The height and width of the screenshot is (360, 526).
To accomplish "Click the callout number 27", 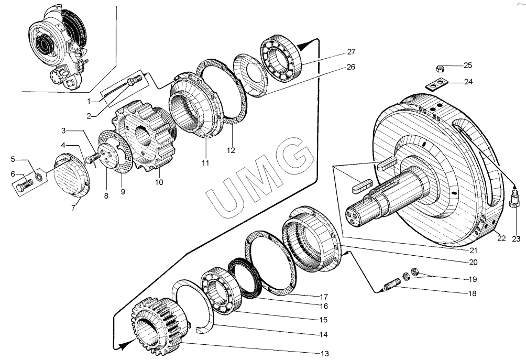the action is [x=351, y=52].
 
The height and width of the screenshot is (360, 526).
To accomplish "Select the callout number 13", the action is [x=325, y=353].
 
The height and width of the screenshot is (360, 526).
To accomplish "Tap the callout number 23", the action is [x=516, y=239].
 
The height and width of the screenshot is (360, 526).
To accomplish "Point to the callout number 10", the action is [x=159, y=182].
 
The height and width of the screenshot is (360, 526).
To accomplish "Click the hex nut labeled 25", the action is [x=440, y=69].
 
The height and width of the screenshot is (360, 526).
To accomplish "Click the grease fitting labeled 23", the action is [x=514, y=198].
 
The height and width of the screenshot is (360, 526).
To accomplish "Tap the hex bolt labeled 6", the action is [x=25, y=185].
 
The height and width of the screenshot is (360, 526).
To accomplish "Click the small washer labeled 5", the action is [x=39, y=176].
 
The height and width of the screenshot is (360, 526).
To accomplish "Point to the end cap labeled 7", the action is [x=72, y=175].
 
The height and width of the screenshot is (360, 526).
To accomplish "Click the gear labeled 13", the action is [x=159, y=325].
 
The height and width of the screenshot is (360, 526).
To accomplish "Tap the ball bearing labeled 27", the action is [x=281, y=58].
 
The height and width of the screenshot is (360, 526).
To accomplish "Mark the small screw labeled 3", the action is [x=93, y=158].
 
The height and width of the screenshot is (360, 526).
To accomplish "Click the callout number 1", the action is [x=89, y=101].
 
